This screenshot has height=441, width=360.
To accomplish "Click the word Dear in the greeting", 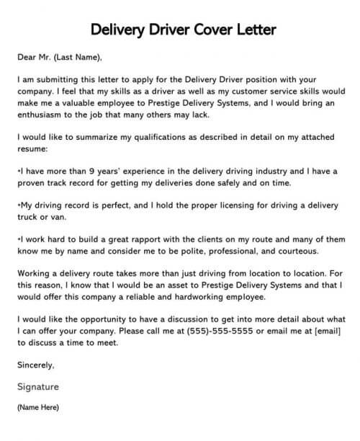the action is [27, 58].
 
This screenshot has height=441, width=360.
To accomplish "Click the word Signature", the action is [38, 387].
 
